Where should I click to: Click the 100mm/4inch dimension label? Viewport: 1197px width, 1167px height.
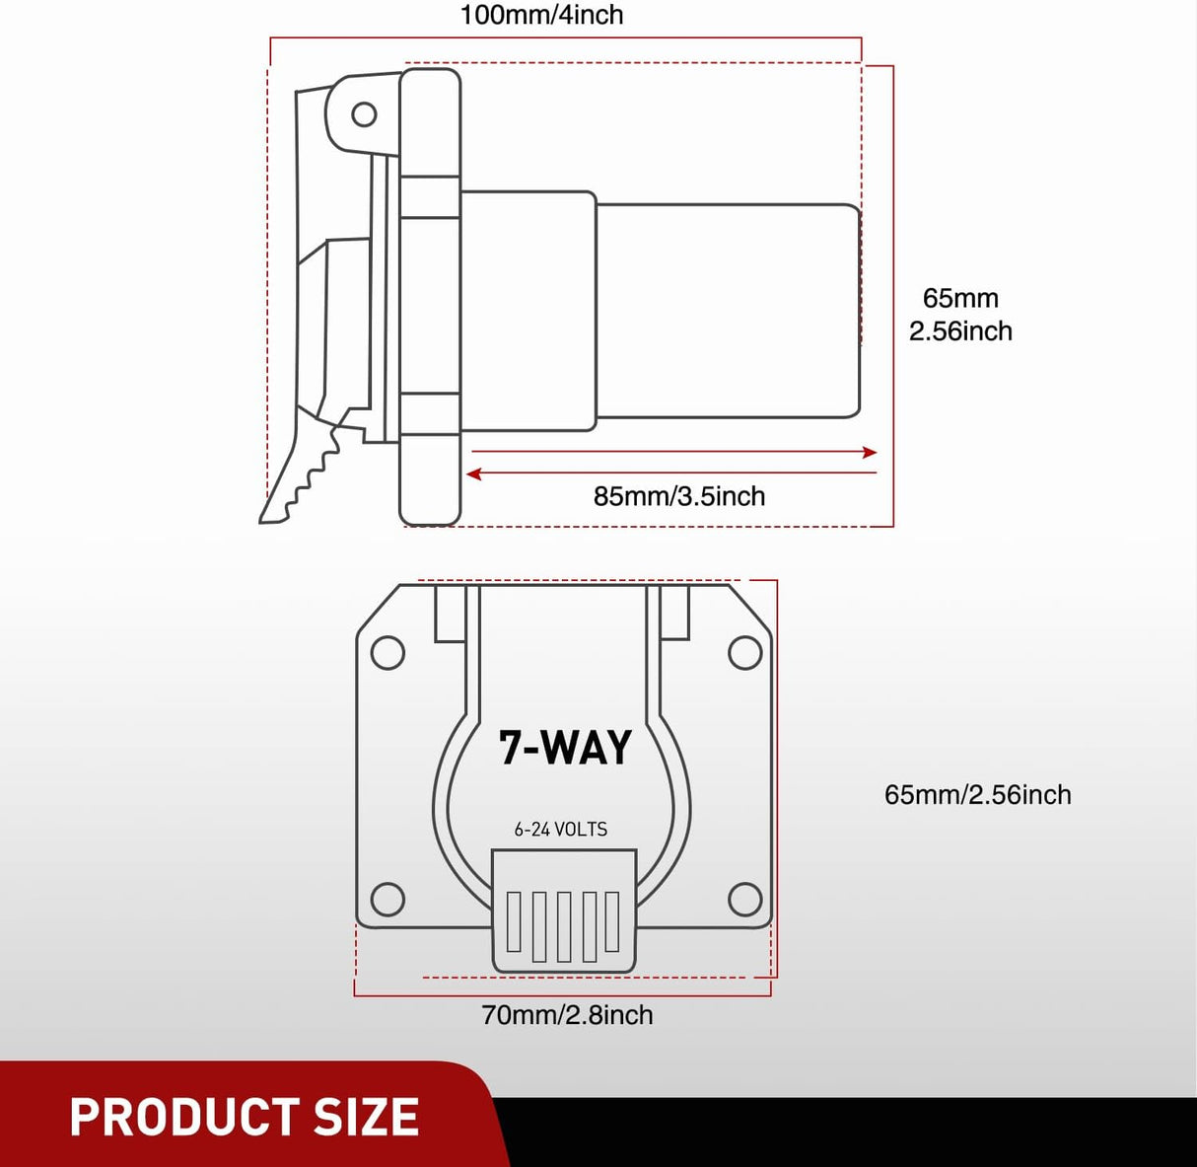(541, 16)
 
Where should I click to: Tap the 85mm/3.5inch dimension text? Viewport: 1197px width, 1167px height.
(678, 496)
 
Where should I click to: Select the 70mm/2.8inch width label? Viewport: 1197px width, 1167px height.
(567, 1015)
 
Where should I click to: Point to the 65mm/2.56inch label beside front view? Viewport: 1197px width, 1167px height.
(977, 795)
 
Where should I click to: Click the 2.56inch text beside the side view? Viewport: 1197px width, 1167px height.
(960, 331)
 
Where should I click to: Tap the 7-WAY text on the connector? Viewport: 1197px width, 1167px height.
(565, 748)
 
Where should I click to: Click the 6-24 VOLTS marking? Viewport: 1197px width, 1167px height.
(560, 830)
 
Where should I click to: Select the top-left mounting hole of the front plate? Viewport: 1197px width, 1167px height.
(387, 653)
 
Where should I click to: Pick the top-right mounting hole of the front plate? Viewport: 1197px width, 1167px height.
(744, 653)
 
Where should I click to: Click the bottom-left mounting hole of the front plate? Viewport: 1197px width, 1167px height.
(387, 899)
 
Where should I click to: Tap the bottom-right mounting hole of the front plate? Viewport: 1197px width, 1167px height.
(744, 899)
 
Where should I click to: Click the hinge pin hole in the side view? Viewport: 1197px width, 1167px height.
(364, 114)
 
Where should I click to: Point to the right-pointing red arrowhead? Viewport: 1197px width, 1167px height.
(869, 453)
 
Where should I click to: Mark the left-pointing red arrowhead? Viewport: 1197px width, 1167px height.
(474, 474)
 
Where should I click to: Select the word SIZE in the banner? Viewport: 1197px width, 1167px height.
(366, 1118)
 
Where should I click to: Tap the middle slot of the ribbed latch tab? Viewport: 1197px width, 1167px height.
(564, 925)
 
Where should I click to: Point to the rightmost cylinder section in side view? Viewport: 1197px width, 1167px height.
(728, 311)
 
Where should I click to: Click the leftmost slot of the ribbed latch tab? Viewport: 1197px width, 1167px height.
(514, 921)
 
